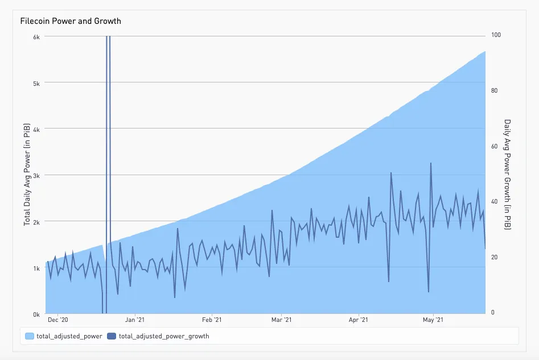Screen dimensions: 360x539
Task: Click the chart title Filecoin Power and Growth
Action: (71, 21)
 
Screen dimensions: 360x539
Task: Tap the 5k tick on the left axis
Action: (36, 82)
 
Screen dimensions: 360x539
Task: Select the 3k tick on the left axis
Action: (36, 175)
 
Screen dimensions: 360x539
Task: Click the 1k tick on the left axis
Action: (36, 268)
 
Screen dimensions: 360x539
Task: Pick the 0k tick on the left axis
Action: (36, 314)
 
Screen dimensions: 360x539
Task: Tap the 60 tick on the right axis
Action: (494, 146)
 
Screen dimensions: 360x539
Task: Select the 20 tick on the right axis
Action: (494, 257)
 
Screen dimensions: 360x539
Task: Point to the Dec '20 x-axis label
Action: (58, 321)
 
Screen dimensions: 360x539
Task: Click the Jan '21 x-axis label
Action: (134, 321)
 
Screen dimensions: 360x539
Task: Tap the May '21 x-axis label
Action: (433, 321)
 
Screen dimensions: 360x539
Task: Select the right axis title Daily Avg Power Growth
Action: (508, 174)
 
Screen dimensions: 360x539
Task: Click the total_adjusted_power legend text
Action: (69, 336)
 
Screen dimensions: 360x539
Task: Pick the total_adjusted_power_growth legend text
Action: (164, 336)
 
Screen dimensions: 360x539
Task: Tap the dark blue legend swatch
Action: (112, 336)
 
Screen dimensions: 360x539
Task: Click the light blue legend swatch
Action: (30, 336)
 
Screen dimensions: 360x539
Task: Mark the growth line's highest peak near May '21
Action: (431, 163)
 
